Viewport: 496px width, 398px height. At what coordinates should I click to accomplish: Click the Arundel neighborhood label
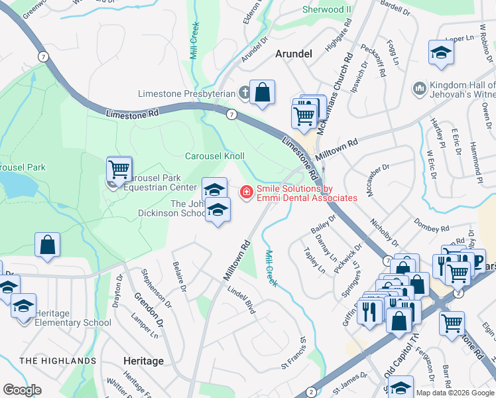pos(292,54)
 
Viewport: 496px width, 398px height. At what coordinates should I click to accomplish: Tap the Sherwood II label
pos(327,9)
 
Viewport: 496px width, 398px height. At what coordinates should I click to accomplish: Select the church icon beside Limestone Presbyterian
pos(244,94)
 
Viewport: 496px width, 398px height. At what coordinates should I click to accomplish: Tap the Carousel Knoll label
pos(214,156)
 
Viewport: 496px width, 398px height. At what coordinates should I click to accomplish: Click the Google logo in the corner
pos(23,390)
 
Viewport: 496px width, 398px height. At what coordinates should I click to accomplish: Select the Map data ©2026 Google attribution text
pos(456,393)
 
